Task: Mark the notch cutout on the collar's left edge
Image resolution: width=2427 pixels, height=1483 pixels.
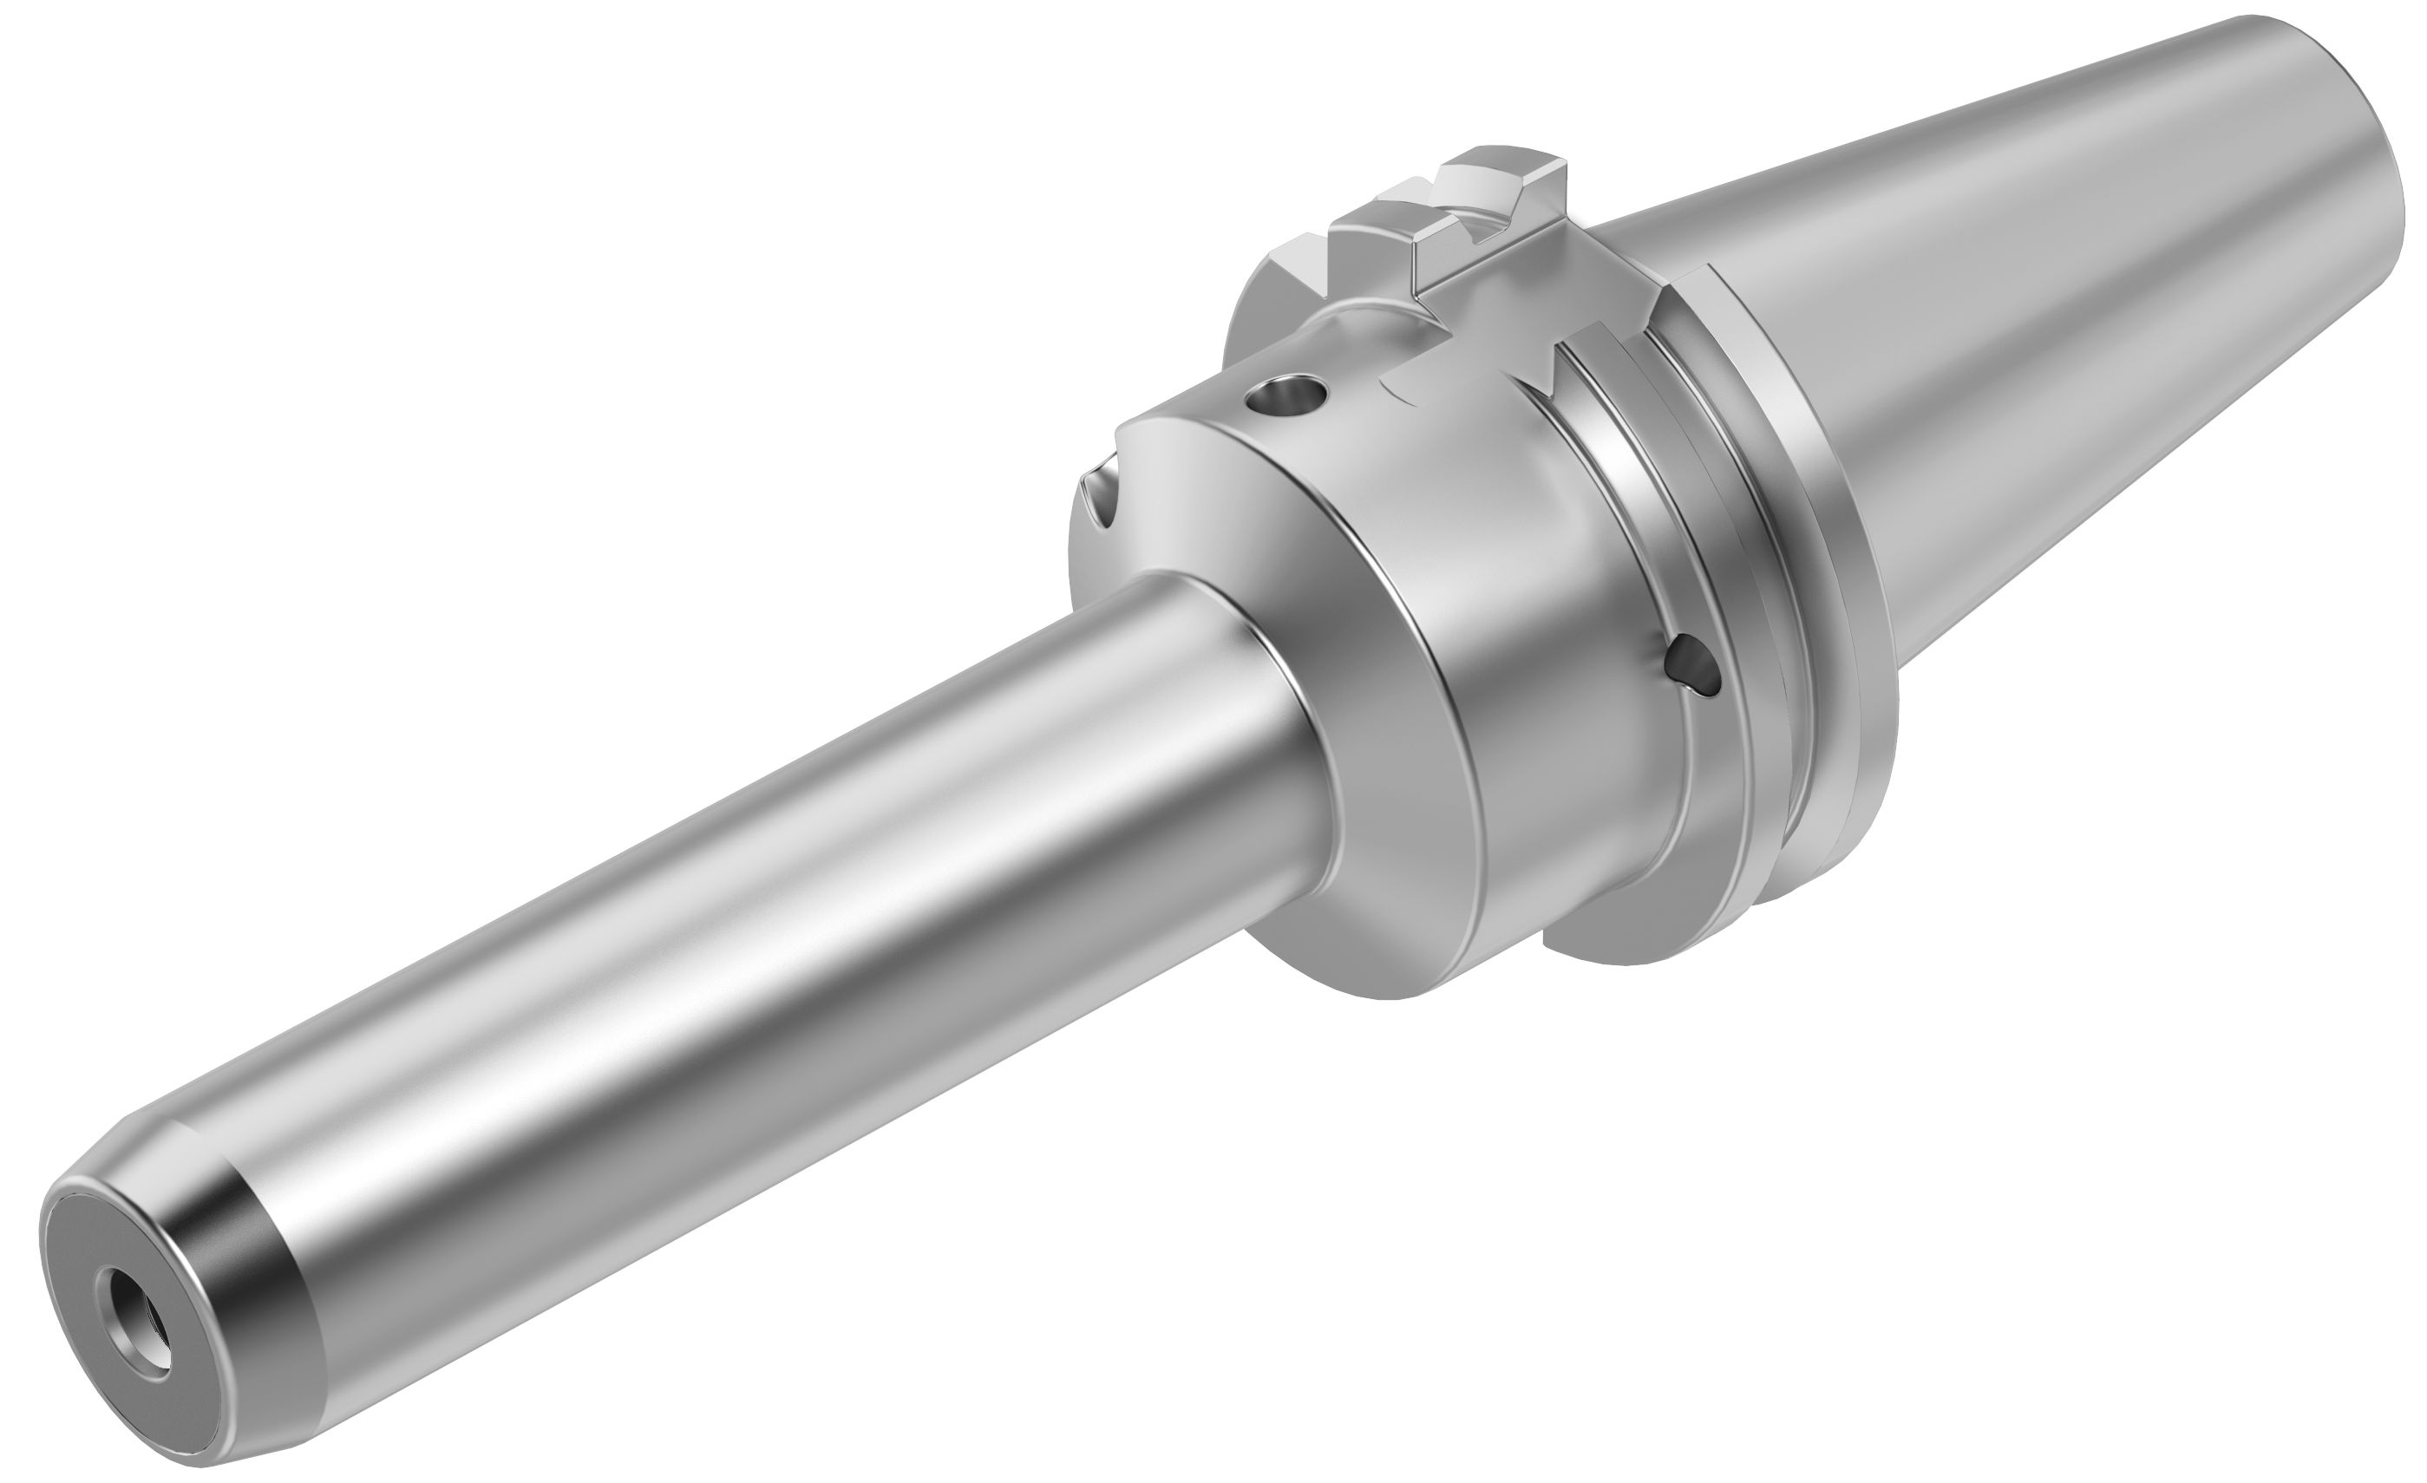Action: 1103,493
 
